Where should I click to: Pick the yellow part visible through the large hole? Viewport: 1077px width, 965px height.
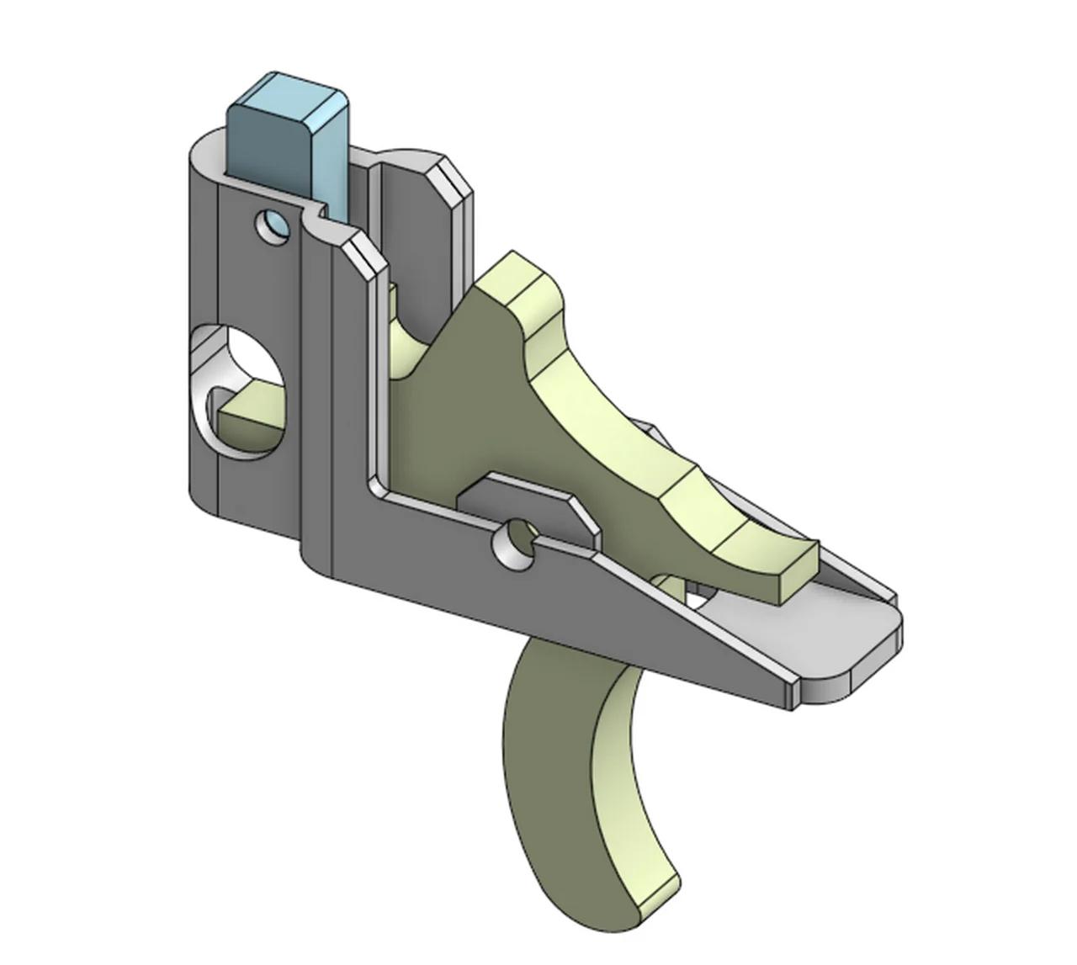click(248, 421)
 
